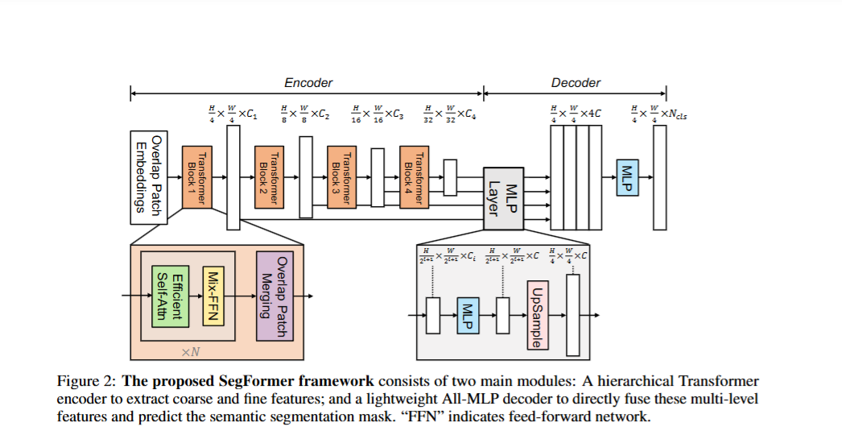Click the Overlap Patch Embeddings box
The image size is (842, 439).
[x=148, y=177]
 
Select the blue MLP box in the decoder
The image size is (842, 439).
[x=627, y=177]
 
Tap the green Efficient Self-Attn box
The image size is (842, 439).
[x=170, y=296]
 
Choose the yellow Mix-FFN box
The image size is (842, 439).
[x=213, y=296]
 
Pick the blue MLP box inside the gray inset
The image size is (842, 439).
[x=468, y=315]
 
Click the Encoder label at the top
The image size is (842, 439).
[x=308, y=83]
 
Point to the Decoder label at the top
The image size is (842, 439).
[x=576, y=83]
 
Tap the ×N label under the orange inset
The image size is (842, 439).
[x=190, y=351]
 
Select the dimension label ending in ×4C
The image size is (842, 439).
[x=575, y=113]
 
